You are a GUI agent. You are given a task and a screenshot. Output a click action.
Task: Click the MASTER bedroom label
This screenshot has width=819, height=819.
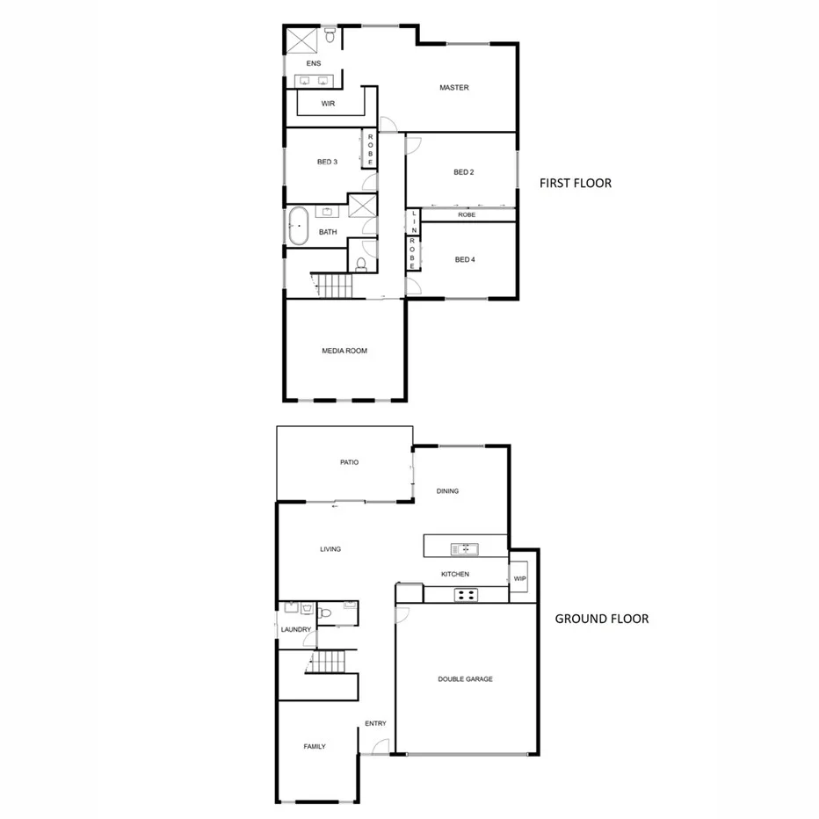click(454, 88)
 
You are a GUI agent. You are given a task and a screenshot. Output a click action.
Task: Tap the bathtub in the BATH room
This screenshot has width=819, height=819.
click(297, 227)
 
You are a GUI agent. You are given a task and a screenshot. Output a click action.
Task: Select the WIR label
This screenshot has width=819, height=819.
click(328, 104)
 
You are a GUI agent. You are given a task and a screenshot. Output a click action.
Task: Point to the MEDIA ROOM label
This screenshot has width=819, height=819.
click(344, 351)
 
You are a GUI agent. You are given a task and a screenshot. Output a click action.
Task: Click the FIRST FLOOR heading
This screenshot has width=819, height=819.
click(576, 184)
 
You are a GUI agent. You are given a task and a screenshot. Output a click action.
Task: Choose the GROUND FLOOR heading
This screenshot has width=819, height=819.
click(601, 619)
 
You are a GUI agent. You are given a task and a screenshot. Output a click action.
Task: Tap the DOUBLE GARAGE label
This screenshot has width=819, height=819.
click(465, 679)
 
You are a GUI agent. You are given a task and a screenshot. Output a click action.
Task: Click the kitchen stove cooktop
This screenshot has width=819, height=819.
click(465, 595)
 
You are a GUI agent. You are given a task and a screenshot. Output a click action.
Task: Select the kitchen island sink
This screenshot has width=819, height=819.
click(463, 550)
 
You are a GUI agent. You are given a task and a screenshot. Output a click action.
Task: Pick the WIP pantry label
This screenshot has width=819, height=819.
click(519, 578)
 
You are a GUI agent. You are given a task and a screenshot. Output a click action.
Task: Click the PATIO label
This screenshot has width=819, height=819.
click(350, 462)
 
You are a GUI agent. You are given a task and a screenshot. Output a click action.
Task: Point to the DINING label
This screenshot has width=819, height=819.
click(447, 491)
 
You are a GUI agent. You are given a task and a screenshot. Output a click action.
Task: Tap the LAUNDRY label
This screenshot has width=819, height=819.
click(296, 630)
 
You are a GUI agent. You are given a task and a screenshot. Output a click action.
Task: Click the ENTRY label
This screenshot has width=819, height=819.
click(375, 723)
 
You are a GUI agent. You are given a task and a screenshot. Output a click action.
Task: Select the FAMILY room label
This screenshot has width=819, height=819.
click(315, 747)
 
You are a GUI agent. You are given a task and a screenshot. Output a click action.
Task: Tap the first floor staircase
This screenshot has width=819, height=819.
click(333, 285)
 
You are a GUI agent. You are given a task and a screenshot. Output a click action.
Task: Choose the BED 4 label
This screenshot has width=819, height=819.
click(464, 259)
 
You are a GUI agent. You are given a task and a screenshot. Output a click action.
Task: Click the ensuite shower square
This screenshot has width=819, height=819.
click(301, 40)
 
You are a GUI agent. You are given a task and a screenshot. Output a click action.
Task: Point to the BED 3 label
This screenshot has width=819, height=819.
click(327, 162)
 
